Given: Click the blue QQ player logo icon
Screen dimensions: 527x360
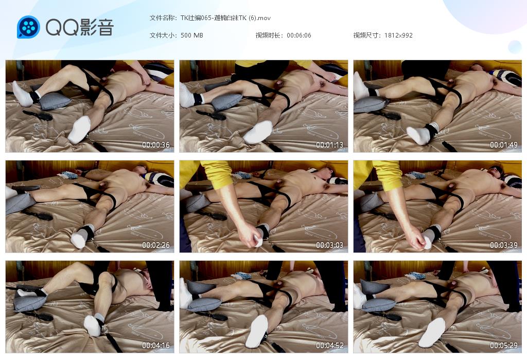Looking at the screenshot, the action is [28, 27].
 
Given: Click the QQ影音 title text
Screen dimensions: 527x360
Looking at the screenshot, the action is [80, 27].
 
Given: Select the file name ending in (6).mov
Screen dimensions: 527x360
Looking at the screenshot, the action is [225, 18].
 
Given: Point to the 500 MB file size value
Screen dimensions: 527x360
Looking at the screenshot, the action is [191, 35].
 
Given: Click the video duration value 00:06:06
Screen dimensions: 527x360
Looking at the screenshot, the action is [299, 35].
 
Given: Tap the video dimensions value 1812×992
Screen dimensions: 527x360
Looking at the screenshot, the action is [398, 35].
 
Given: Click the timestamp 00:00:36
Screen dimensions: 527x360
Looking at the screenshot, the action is [155, 145].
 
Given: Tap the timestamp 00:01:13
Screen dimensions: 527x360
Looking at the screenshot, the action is [329, 145].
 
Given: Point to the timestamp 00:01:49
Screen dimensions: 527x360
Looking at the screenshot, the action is [503, 145].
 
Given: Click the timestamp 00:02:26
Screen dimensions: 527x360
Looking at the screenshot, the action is [155, 245].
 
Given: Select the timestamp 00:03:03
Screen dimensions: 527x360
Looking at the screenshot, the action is [329, 245].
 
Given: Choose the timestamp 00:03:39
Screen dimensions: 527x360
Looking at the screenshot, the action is [503, 245].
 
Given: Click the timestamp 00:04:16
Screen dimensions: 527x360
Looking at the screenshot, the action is [155, 345].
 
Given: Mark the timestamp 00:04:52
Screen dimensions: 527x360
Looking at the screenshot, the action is [329, 345].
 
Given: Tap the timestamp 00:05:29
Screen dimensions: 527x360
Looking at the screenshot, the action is [503, 345].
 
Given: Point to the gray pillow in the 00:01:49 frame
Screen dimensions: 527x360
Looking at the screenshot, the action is [370, 104].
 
